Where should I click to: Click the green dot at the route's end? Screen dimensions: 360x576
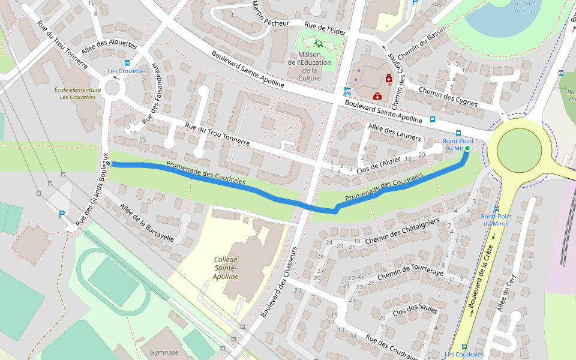(467, 148)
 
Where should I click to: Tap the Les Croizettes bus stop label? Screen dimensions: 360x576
(127, 71)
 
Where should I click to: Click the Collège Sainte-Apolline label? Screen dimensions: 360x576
(226, 268)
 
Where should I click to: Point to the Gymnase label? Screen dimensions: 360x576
(164, 352)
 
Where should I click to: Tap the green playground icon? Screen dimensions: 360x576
(318, 43)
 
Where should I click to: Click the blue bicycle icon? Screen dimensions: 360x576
(346, 91)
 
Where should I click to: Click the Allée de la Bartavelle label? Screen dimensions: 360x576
(147, 223)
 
